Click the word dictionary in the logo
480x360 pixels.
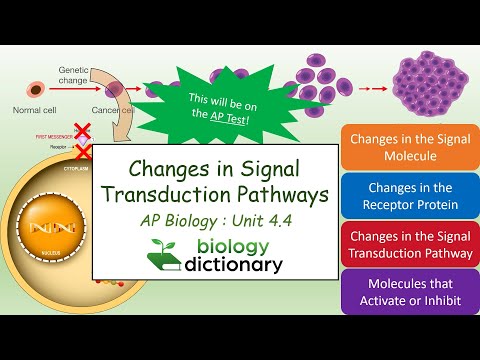click(x=229, y=265)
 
